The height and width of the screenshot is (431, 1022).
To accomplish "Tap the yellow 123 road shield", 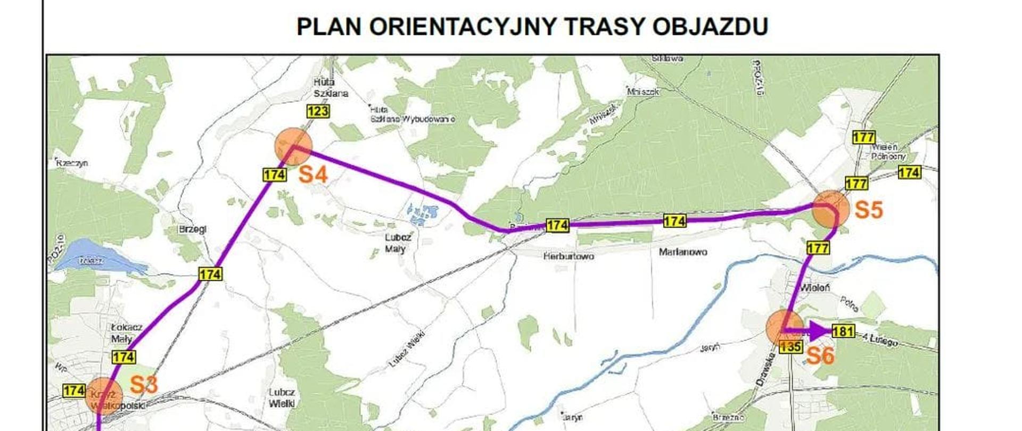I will (x=318, y=111).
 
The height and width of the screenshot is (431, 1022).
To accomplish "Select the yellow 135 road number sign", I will (x=790, y=347).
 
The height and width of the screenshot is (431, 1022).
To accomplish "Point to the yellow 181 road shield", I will (x=843, y=331).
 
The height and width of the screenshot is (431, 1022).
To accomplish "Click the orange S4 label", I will (x=312, y=175).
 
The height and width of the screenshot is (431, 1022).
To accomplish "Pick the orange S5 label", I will (x=869, y=210).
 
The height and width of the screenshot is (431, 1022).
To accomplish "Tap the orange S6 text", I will (x=820, y=356).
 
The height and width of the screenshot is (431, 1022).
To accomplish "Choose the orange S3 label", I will (x=144, y=385).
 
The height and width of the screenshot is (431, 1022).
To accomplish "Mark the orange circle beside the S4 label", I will (x=293, y=146).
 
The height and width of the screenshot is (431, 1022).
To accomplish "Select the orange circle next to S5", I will (x=831, y=209).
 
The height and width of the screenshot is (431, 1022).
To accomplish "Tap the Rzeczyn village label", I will (x=72, y=163).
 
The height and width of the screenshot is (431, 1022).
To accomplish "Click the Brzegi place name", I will (x=193, y=229).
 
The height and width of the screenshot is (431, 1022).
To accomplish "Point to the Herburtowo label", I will (x=568, y=256).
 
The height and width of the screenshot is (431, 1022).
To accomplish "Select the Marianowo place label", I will (x=683, y=252).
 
